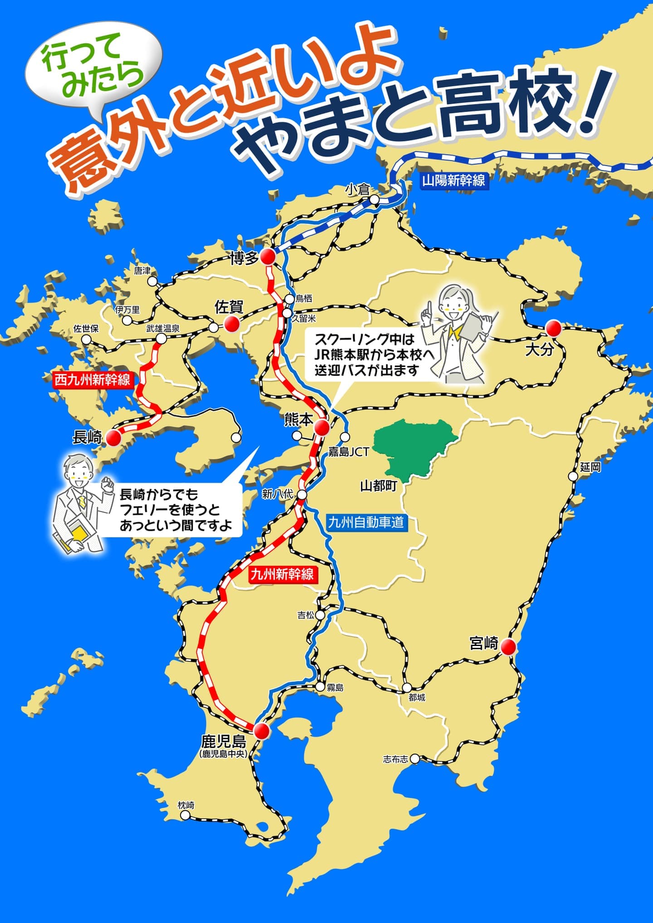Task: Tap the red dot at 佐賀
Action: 232,324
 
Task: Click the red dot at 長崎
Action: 113,438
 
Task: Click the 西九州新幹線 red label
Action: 93,379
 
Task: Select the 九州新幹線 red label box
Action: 282,575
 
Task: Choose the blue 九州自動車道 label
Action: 365,522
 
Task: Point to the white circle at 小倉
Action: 374,199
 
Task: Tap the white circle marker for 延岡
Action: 573,476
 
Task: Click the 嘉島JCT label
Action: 348,452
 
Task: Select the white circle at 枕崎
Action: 185,815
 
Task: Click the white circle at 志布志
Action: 414,758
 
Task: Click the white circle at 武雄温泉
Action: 161,339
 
